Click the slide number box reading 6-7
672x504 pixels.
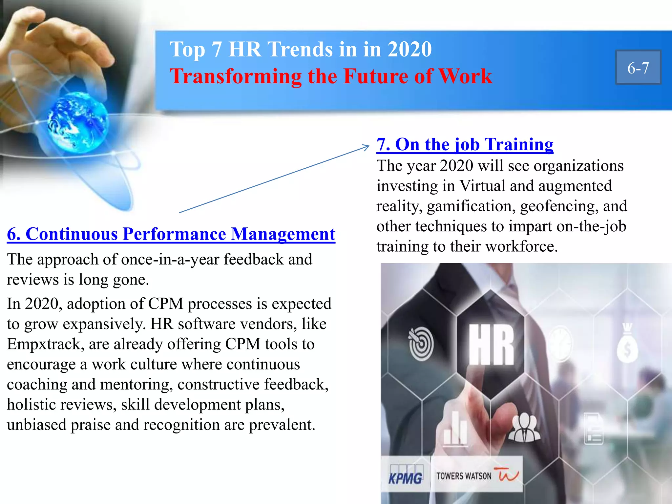click(638, 68)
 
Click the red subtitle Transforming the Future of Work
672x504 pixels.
click(331, 76)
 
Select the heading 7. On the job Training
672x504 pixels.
click(465, 144)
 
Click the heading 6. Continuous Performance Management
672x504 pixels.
click(171, 234)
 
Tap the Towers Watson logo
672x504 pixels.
click(476, 475)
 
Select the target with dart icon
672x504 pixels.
click(421, 343)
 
